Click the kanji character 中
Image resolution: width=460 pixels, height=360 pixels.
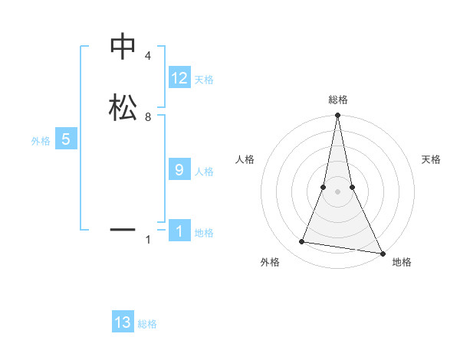tap(123, 47)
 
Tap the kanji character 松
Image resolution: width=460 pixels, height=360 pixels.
tap(123, 106)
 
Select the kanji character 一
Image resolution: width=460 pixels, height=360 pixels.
tap(123, 228)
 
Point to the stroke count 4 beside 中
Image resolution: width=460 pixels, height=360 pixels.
tap(147, 57)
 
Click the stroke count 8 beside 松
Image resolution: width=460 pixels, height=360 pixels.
tap(147, 116)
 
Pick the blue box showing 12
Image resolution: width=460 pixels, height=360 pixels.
tap(179, 78)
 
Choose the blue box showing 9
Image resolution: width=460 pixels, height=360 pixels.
tap(179, 170)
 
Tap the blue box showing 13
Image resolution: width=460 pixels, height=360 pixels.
tap(123, 322)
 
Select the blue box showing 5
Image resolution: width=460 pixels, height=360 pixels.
tap(66, 139)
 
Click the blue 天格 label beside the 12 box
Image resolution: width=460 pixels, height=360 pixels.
tap(204, 80)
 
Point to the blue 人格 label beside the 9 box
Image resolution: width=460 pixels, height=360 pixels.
tap(204, 172)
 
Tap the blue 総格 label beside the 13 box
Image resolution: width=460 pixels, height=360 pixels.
tap(147, 324)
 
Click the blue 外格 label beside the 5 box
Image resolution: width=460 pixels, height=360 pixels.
tap(41, 141)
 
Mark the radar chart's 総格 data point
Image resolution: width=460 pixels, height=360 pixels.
tap(337, 116)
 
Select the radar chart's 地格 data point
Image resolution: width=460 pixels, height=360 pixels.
tap(382, 253)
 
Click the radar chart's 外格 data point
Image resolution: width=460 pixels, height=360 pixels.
tap(302, 242)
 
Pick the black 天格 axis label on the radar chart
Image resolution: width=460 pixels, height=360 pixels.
tap(432, 159)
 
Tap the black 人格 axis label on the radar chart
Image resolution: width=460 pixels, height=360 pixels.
tap(245, 159)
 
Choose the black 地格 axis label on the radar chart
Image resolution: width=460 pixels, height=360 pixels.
tap(402, 262)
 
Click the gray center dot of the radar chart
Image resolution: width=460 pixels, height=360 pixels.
tap(337, 191)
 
